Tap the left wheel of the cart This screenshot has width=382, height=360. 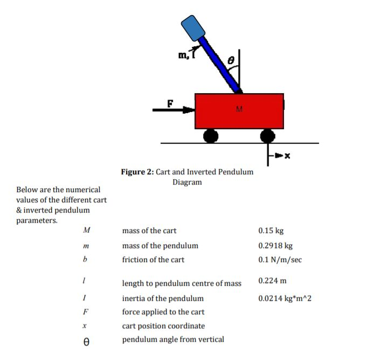pos(211,135)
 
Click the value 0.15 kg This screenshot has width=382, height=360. pos(270,231)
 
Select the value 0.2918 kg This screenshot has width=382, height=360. pos(275,245)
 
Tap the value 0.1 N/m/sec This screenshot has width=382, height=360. pos(280,259)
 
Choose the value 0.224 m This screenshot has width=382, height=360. pos(272,281)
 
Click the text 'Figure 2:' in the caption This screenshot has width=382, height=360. pos(137,172)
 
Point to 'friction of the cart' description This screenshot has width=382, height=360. pos(153,259)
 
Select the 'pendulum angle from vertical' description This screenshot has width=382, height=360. pos(173,339)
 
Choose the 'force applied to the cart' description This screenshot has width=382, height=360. pos(163,312)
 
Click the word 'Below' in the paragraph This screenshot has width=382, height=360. pos(27,190)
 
